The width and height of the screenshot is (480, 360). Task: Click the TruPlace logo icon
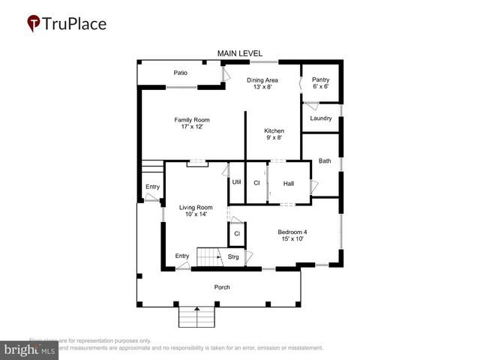pos(34,24)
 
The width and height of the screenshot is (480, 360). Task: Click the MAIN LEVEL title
pos(240,53)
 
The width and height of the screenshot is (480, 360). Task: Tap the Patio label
pos(180,73)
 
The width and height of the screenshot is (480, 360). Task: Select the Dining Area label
pos(262,79)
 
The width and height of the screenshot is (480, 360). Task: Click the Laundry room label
pos(320,118)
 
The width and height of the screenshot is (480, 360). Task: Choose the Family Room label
pos(192,120)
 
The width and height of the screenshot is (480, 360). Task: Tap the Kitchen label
pos(274,130)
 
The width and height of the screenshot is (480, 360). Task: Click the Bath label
pos(324,160)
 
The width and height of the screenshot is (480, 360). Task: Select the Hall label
pos(288,183)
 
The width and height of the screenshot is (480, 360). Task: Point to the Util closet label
pos(236,182)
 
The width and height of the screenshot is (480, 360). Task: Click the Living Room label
pos(195,207)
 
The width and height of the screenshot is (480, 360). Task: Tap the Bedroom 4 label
pos(292,232)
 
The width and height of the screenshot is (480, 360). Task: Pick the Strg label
pos(233,257)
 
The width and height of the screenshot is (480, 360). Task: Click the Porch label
pos(222,287)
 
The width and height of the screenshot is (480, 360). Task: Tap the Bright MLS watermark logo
pos(30,349)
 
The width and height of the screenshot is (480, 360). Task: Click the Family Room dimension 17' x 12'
pos(192,127)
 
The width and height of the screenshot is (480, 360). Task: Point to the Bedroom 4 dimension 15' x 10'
pos(292,239)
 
